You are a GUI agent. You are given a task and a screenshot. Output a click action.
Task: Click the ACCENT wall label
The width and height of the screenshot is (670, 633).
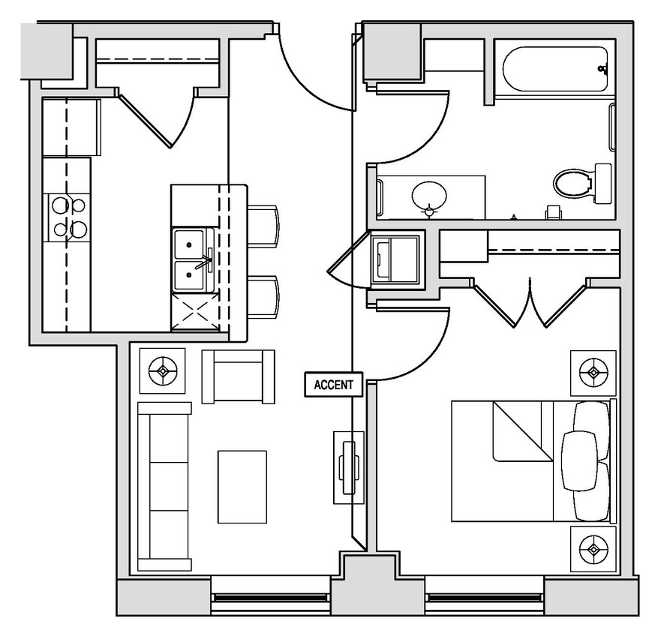click(333, 385)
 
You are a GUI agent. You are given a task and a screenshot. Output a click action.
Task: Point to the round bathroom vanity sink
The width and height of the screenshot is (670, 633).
click(429, 196)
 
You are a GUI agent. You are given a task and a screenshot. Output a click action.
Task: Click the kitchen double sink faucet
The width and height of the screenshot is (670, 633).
click(203, 263)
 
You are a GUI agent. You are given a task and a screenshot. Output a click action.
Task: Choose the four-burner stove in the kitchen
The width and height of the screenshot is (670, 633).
click(68, 217)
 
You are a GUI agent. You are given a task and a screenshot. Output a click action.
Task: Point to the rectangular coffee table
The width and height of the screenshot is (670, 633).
click(242, 486)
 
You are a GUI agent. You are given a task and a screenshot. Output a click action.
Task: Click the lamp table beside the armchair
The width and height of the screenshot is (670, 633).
click(162, 370)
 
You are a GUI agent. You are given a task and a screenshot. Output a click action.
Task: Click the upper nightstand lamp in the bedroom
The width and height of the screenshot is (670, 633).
click(593, 372)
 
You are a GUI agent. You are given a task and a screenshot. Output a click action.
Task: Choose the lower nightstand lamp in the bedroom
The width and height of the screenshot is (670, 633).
click(593, 550)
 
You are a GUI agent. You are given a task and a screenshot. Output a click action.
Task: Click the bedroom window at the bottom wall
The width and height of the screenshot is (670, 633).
click(484, 597)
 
